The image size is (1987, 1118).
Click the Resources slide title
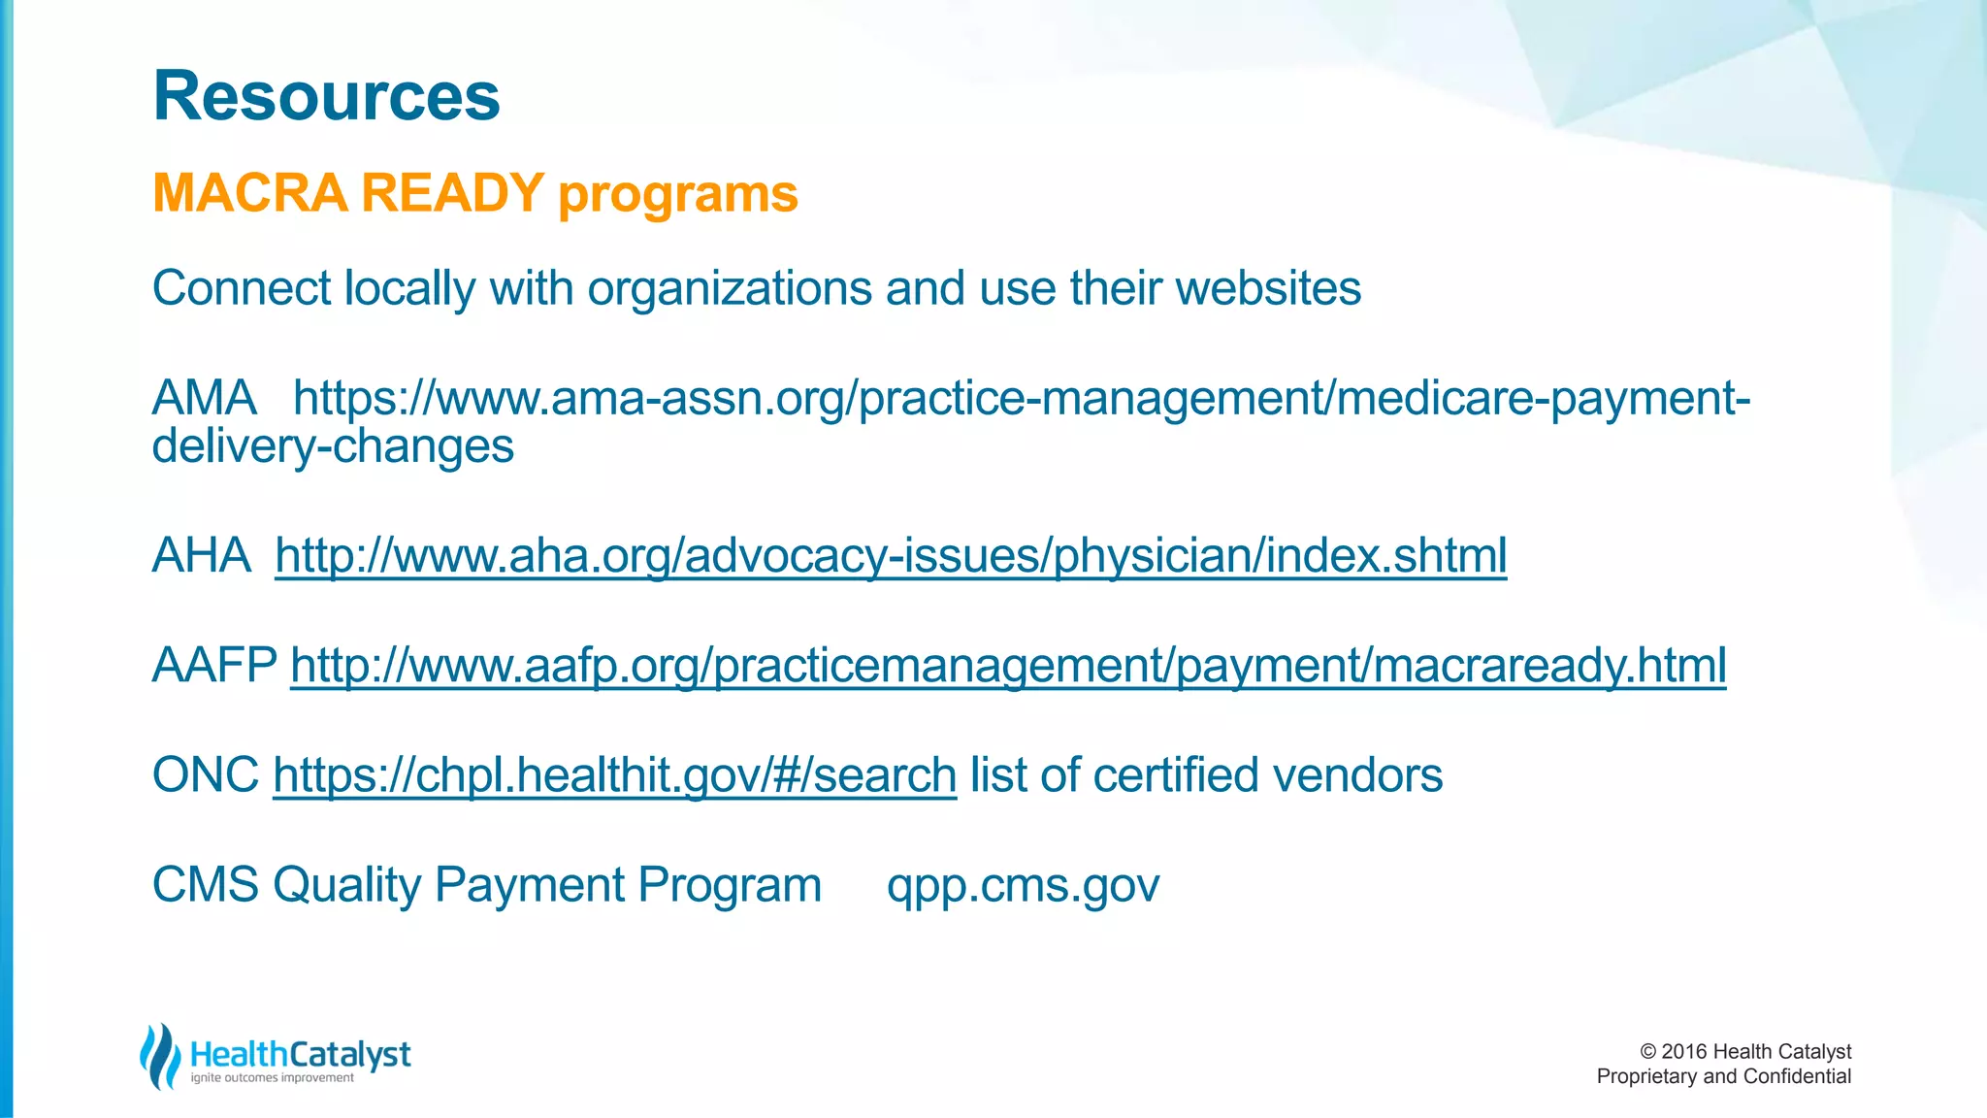pos(326,96)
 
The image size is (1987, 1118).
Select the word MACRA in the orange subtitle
pos(249,192)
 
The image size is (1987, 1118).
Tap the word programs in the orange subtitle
pos(677,194)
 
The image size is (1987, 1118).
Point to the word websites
pos(1268,288)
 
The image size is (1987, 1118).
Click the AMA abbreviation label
pos(204,398)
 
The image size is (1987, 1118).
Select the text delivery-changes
pos(333,446)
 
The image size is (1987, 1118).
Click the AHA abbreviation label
pos(202,556)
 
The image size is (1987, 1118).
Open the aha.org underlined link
pos(891,556)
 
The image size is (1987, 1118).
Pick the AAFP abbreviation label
pos(214,666)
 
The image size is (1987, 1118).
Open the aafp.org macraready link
pos(1008,666)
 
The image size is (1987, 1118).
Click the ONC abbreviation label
pos(206,775)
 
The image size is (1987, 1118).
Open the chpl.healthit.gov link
pos(614,775)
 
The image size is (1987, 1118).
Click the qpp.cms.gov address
pos(1023,885)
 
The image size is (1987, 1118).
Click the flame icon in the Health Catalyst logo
pos(160,1056)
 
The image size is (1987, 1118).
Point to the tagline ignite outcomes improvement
pos(272,1078)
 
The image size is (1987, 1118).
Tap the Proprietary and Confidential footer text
pos(1723,1076)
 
